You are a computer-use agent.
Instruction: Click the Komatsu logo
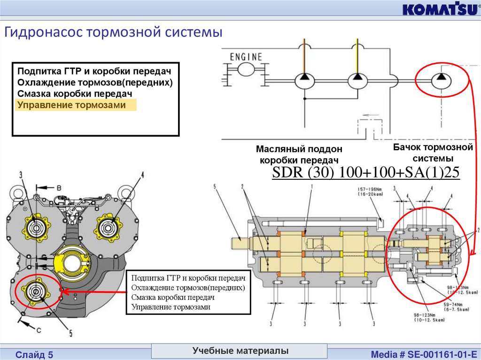(440, 9)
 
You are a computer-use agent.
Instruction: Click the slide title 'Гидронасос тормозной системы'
(113, 32)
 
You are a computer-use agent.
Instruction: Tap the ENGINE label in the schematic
(246, 57)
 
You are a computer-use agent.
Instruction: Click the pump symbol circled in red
(440, 79)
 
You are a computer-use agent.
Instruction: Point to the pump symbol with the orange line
(304, 79)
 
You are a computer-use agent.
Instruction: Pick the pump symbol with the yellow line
(357, 79)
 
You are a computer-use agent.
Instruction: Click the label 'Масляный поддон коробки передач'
(299, 154)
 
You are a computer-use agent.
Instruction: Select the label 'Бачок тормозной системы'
(433, 153)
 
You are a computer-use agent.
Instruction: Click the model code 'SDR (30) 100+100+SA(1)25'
(366, 173)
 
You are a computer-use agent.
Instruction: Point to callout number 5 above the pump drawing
(214, 187)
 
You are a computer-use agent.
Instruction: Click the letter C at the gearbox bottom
(39, 330)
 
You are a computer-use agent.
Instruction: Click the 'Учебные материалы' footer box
(240, 351)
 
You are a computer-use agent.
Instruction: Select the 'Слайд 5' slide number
(34, 355)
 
